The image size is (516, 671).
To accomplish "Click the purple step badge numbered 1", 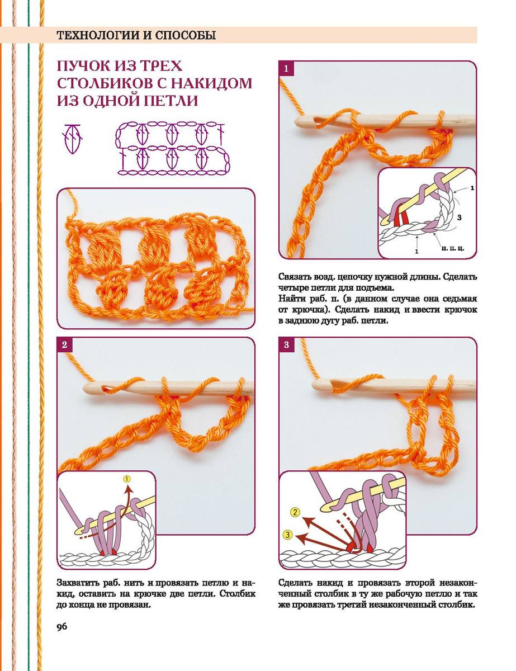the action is pos(286,68).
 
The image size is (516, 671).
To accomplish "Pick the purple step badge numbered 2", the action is pos(64,344).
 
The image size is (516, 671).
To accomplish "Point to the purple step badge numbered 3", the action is pos(286,344).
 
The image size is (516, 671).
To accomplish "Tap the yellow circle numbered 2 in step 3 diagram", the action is pos(295,513).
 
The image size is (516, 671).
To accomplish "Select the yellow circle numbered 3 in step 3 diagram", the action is pos(287,535).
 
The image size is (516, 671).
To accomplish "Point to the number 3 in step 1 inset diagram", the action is pos(460,218).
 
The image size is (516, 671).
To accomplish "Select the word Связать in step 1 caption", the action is pos(295,277).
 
